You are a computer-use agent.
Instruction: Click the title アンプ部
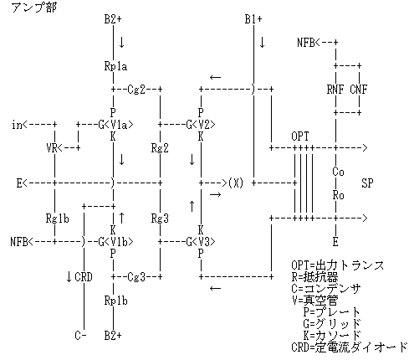[33, 7]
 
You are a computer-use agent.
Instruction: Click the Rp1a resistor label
[115, 66]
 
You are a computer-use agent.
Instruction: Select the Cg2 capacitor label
[136, 90]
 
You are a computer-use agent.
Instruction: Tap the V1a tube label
[119, 125]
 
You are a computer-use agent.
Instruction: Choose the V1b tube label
[119, 242]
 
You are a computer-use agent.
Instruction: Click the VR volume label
[51, 148]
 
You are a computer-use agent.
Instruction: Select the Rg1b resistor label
[57, 219]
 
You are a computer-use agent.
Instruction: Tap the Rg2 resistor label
[160, 148]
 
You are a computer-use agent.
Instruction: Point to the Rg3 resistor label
[160, 219]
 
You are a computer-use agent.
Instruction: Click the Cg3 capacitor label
[136, 277]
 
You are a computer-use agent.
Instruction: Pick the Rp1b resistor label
[115, 301]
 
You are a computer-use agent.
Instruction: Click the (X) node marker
[236, 183]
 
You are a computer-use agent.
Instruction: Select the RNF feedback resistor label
[335, 90]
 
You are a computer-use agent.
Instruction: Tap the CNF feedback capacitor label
[359, 90]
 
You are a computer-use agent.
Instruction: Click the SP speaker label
[367, 183]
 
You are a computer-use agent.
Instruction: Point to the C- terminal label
[80, 336]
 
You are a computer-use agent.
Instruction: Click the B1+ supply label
[253, 19]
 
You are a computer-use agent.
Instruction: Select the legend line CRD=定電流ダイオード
[350, 347]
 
